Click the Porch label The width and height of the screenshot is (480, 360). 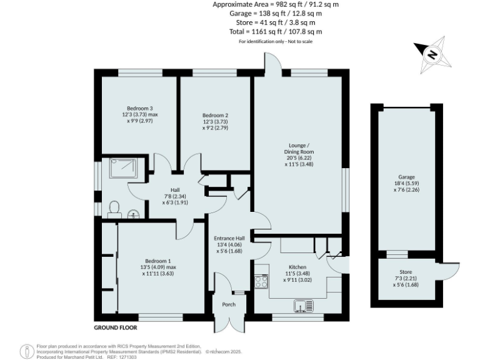(x=229, y=305)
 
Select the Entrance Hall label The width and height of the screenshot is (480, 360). (x=230, y=238)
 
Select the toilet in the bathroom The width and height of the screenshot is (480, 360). (x=113, y=207)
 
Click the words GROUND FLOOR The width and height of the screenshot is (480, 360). (x=115, y=327)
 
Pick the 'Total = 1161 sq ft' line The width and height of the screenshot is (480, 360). (x=276, y=31)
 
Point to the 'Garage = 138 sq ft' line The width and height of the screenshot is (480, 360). (x=276, y=12)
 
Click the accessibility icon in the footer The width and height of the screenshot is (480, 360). (x=26, y=351)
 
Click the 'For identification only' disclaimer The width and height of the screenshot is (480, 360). (x=276, y=41)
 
